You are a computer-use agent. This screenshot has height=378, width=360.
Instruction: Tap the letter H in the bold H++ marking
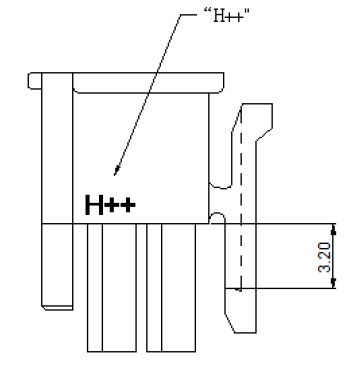[x=94, y=206]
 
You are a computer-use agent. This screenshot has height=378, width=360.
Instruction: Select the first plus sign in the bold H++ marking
[x=112, y=207]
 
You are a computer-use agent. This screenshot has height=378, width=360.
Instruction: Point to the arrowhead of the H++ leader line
[x=117, y=172]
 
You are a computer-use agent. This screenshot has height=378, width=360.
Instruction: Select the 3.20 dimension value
[x=313, y=257]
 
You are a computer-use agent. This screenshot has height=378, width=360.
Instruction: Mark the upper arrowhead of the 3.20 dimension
[x=334, y=229]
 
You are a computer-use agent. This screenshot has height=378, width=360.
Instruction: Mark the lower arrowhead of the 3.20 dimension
[x=334, y=285]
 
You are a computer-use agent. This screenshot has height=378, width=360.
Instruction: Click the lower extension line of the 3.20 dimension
[x=290, y=290]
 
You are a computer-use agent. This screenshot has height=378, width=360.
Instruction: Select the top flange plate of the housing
[x=125, y=79]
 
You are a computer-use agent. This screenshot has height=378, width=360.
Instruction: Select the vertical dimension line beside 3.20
[x=334, y=257]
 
